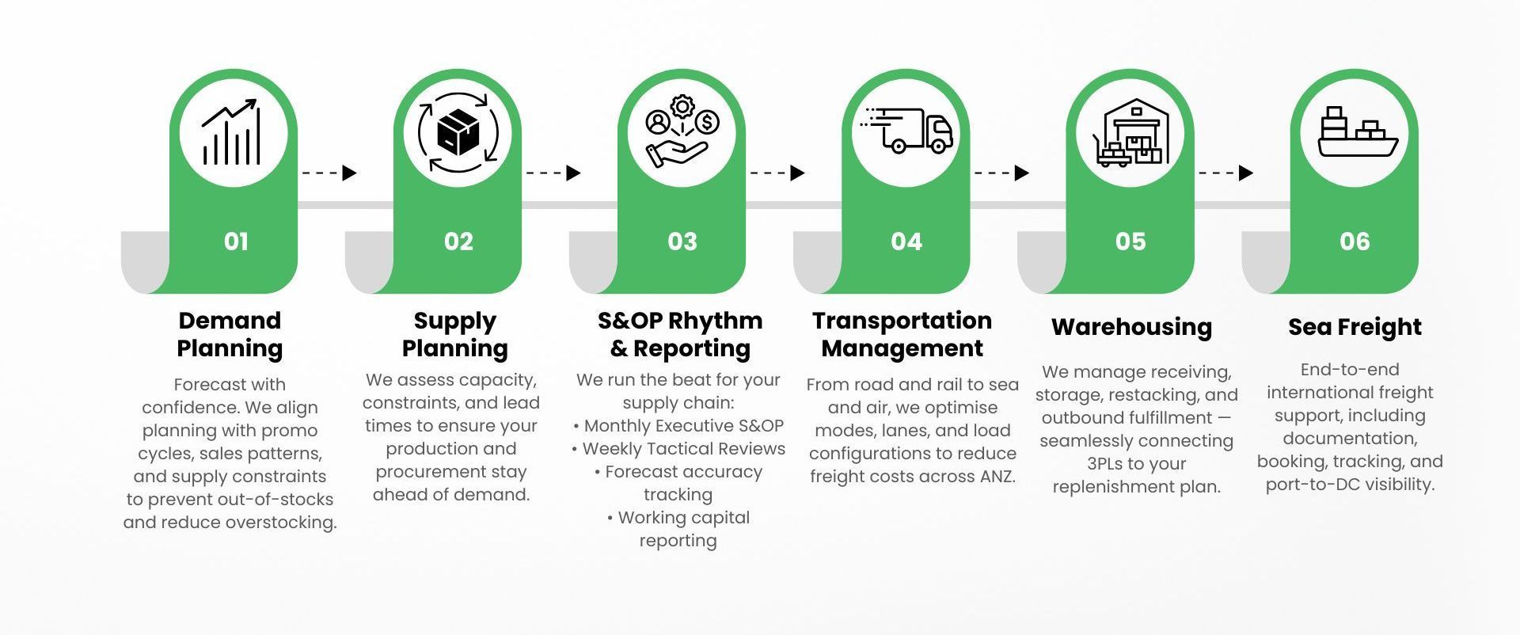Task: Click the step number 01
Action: point(236,241)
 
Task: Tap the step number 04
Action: point(906,241)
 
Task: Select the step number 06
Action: point(1355,241)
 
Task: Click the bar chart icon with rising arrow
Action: point(231,132)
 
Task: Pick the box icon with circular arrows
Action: point(458,132)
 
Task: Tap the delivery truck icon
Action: point(907,131)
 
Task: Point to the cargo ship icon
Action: point(1357,132)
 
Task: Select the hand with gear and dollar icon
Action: point(682,132)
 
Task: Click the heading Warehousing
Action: point(1131,327)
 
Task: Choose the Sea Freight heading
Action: point(1355,327)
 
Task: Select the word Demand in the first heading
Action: point(230,321)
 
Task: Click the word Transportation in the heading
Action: point(902,321)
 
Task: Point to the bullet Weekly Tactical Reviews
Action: point(678,449)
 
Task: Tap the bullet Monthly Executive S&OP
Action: point(678,426)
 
